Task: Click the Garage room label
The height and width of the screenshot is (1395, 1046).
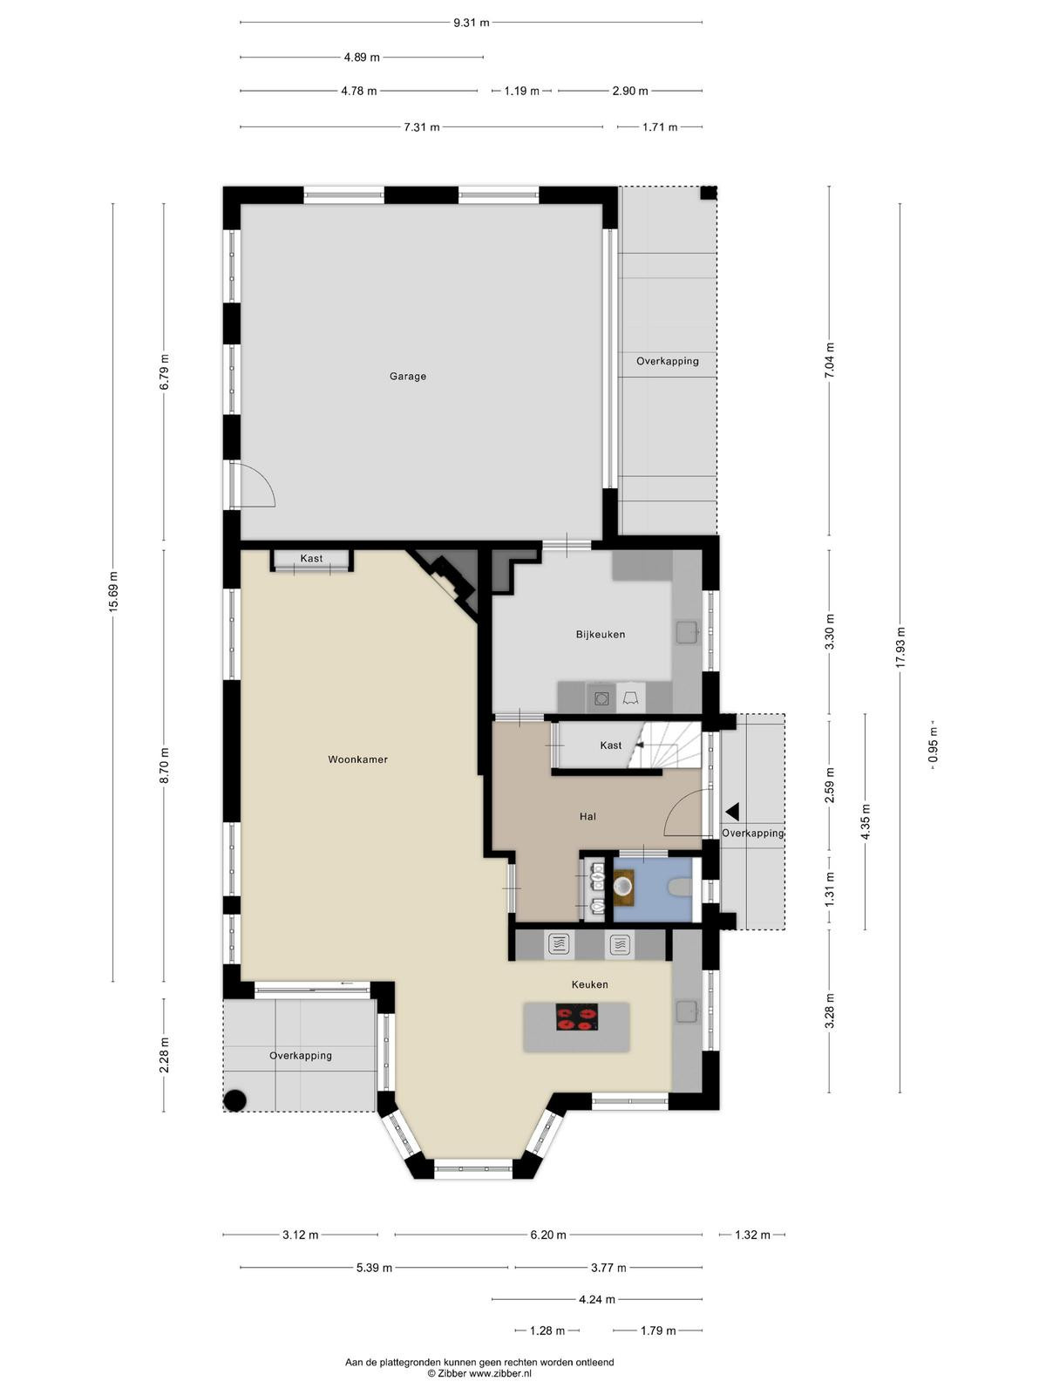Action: [x=408, y=377]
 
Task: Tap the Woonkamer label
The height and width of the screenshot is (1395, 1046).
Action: [x=357, y=759]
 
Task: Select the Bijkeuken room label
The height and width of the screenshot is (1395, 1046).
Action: [x=601, y=634]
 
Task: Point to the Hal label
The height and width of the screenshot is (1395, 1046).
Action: [x=588, y=817]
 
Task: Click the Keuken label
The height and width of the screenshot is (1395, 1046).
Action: [x=589, y=984]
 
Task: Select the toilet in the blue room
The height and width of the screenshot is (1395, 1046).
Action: [x=680, y=888]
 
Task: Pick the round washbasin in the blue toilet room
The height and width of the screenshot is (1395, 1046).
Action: [x=624, y=885]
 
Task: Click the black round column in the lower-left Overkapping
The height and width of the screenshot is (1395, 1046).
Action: [x=235, y=1101]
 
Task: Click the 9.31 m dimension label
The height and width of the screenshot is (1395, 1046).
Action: [x=472, y=23]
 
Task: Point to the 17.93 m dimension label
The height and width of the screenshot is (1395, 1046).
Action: [x=900, y=647]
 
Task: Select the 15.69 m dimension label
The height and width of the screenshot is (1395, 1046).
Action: [x=113, y=592]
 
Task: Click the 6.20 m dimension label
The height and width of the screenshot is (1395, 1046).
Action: [x=548, y=1235]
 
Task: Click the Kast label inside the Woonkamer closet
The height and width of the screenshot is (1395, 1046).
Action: [x=311, y=559]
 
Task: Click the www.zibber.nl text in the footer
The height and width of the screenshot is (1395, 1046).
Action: [x=499, y=1373]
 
